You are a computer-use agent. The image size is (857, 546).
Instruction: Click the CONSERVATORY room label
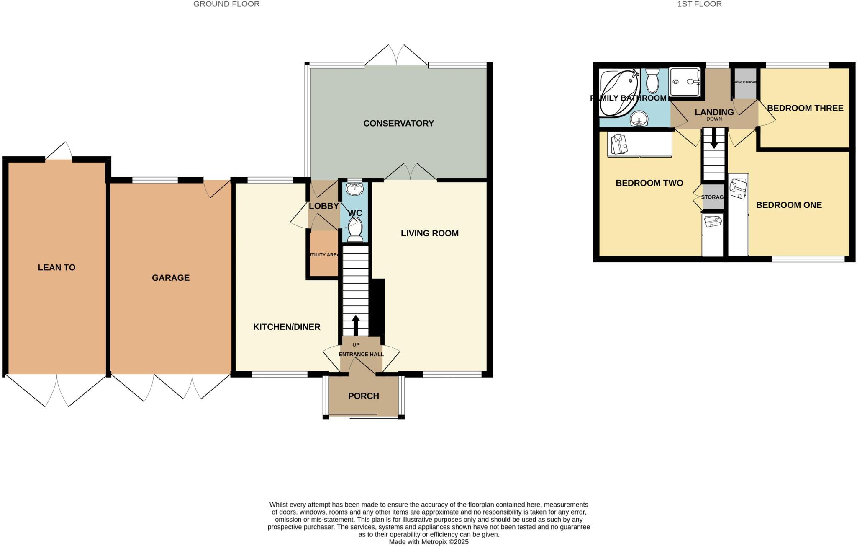point(398,123)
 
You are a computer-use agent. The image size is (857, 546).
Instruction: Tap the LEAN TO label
point(56,267)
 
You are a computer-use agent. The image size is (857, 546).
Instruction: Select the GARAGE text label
point(170,278)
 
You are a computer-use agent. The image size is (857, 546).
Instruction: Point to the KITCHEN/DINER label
point(287,327)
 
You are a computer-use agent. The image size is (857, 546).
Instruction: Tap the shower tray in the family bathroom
point(685,82)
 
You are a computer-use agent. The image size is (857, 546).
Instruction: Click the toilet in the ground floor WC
point(355,229)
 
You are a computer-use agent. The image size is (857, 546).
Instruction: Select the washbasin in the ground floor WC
point(355,189)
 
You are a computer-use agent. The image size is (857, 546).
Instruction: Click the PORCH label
point(363,396)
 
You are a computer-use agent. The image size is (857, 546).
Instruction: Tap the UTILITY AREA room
point(323,255)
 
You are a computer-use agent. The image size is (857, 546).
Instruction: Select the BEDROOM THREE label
point(805,108)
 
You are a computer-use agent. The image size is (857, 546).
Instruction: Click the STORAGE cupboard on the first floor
point(713,197)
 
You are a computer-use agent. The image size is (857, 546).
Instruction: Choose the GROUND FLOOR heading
point(226,4)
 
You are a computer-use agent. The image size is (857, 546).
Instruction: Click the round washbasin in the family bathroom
point(639,119)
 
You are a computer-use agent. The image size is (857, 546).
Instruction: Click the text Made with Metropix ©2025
point(428,542)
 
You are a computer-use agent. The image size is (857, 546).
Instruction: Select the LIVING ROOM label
point(429,233)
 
